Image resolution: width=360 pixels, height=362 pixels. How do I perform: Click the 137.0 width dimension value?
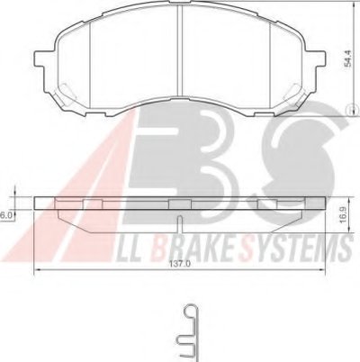(180, 265)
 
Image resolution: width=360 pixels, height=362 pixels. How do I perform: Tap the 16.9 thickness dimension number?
(344, 214)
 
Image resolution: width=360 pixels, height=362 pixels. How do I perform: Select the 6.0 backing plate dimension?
(5, 215)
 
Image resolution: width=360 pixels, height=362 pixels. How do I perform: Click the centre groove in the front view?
(180, 51)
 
